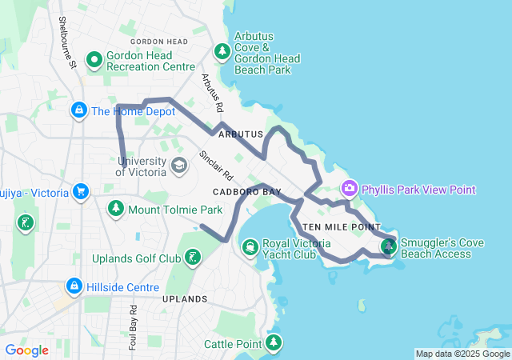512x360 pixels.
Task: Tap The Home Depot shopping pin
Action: [79, 110]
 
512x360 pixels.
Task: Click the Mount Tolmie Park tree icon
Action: [116, 209]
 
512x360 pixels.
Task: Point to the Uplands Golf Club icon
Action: [192, 257]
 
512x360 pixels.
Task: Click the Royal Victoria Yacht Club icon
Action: [250, 246]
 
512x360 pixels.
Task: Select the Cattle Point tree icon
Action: [274, 343]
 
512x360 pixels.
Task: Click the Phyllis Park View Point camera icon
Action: [349, 189]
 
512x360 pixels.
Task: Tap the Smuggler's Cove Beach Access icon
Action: [389, 246]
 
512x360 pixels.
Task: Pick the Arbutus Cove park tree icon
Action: [222, 52]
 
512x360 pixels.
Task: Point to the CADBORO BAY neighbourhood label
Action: [247, 193]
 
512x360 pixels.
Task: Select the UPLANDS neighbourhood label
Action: [185, 299]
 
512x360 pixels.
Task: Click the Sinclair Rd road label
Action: [216, 164]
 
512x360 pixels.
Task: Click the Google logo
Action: [26, 350]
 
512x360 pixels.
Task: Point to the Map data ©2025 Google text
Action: [462, 354]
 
